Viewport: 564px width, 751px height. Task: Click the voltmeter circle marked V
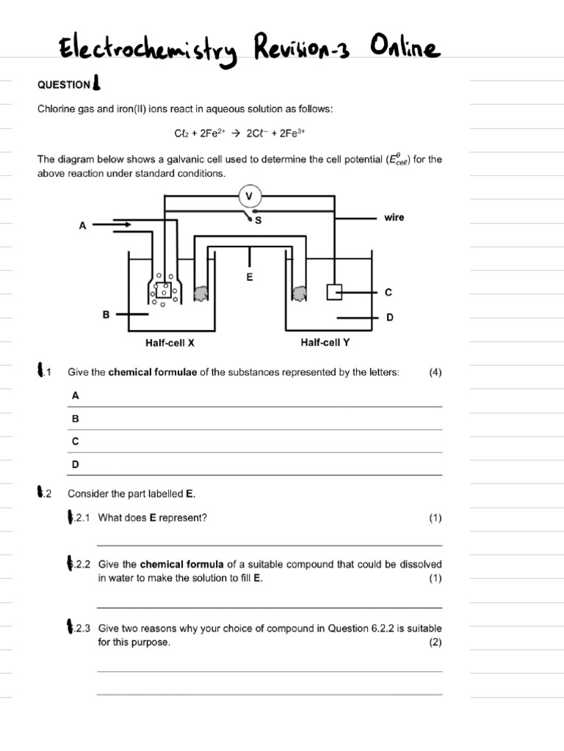point(250,196)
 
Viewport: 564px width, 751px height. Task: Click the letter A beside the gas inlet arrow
point(82,227)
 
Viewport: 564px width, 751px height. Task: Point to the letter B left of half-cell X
point(106,315)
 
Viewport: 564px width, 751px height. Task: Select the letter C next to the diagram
point(388,293)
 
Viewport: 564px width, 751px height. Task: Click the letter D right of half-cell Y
point(389,318)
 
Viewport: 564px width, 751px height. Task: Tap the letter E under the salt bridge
point(250,278)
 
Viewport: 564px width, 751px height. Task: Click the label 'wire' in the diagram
point(394,218)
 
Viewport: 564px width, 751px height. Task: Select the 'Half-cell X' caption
point(170,342)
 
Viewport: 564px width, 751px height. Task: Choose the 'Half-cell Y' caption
point(325,342)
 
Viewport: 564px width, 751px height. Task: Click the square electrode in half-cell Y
point(334,293)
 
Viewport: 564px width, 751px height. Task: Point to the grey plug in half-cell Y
point(300,293)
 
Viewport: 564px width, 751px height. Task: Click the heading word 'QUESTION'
point(63,85)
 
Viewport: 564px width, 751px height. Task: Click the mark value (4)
point(435,373)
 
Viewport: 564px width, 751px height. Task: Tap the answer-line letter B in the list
point(75,419)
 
